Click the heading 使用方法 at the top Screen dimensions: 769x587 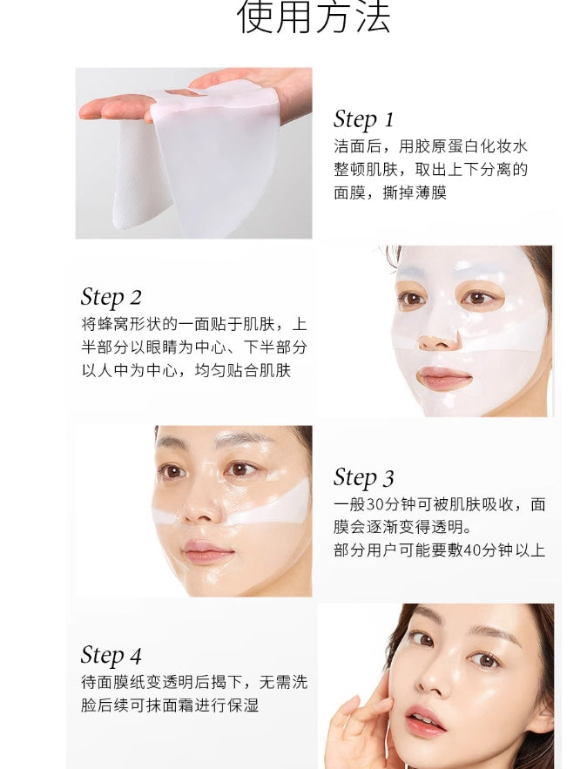(x=314, y=18)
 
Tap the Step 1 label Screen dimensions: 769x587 (x=363, y=119)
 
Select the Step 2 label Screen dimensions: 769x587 (x=111, y=297)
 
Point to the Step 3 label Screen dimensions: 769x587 (x=363, y=477)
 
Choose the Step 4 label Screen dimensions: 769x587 (x=111, y=655)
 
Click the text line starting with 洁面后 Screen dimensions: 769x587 (x=430, y=146)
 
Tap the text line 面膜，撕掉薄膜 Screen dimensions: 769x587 (x=389, y=192)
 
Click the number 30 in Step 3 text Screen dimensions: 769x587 (x=375, y=504)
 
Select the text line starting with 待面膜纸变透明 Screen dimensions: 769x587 (x=193, y=682)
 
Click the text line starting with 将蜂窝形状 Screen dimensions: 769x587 (x=193, y=324)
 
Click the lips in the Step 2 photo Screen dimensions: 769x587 (x=444, y=379)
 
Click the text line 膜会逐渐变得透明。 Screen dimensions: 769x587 (x=401, y=528)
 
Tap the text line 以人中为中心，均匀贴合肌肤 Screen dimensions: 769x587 (x=186, y=370)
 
